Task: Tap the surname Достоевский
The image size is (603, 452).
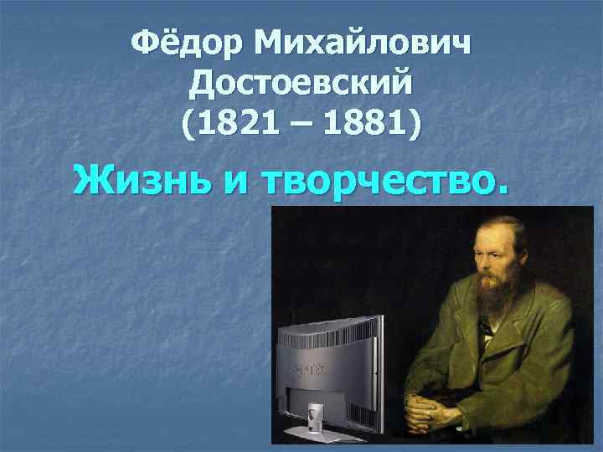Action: click(x=302, y=82)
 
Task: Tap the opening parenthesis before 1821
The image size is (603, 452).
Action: click(x=187, y=126)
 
